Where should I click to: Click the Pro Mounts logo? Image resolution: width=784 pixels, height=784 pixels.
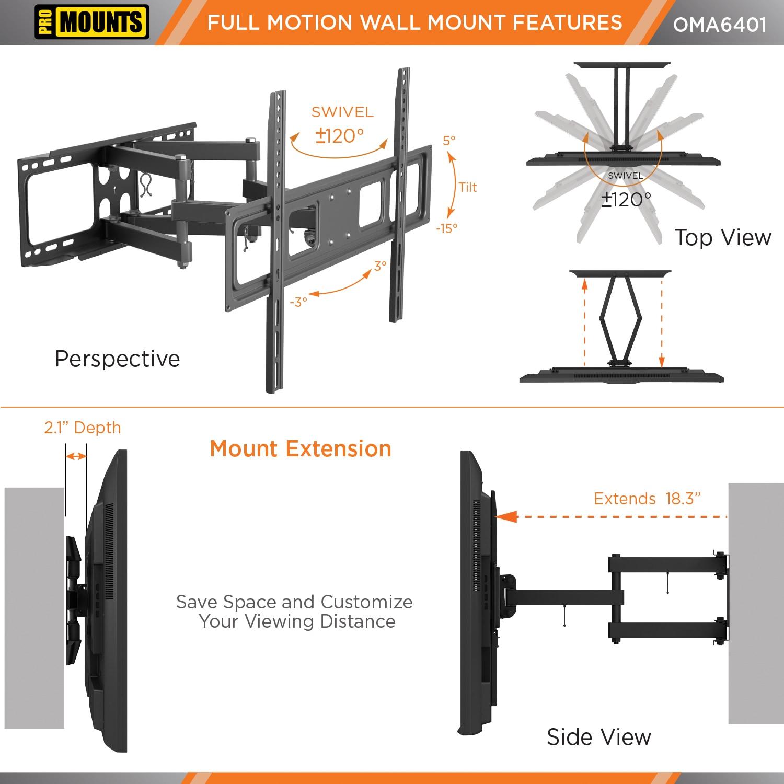pos(92,22)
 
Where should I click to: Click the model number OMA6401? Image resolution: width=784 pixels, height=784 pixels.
pos(720,25)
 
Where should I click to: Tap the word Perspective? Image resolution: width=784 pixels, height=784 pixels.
pos(117,359)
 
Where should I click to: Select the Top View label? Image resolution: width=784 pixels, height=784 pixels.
pos(722,238)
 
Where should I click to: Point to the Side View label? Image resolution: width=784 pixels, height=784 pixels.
pos(599,737)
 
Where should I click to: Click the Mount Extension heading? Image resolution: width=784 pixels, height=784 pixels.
pos(301,449)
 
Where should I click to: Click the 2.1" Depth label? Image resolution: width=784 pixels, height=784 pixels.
pos(83,428)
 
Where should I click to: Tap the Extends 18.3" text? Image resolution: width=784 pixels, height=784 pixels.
pos(647,499)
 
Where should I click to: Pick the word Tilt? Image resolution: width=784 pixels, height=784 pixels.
pos(468,187)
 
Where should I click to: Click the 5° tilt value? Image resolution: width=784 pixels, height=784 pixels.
pos(449,141)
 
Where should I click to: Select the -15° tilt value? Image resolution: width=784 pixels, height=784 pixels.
pos(447,228)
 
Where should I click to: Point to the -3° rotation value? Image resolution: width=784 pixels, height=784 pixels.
pos(298,302)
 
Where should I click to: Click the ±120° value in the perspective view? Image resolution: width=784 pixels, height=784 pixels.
pos(340,136)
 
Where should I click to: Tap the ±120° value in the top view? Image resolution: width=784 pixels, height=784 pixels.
pos(626,199)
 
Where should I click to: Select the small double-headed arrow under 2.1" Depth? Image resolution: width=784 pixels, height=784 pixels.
pos(76,456)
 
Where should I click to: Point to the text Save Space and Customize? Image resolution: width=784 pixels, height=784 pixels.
pos(294,602)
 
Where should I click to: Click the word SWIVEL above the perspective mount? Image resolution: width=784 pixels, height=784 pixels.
pos(342,112)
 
